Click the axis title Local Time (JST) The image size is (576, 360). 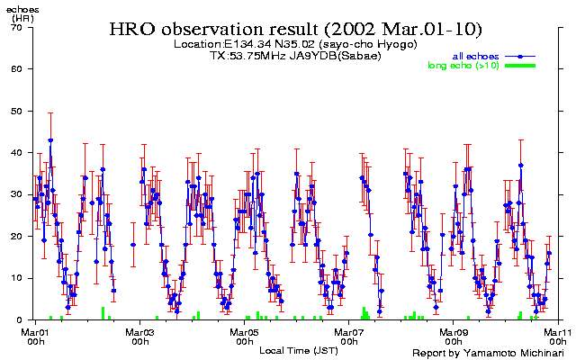coord(297,349)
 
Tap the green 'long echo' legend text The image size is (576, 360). coord(463,66)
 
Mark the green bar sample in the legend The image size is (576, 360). coord(521,66)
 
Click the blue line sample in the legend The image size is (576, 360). coord(521,57)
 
